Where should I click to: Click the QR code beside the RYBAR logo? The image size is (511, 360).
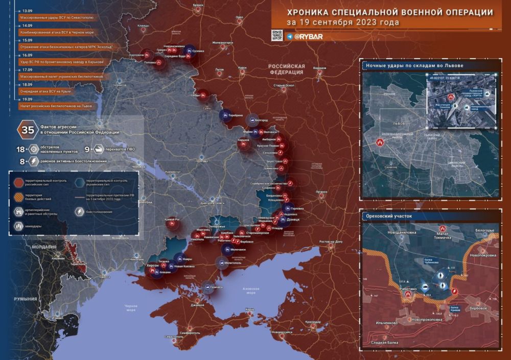(276, 35)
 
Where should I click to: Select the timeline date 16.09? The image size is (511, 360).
(27, 55)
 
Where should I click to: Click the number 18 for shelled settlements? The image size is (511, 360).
(21, 149)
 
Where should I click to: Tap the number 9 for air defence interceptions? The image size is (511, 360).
(87, 149)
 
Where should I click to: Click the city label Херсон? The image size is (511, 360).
(153, 266)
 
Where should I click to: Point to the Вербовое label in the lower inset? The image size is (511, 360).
(481, 308)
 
